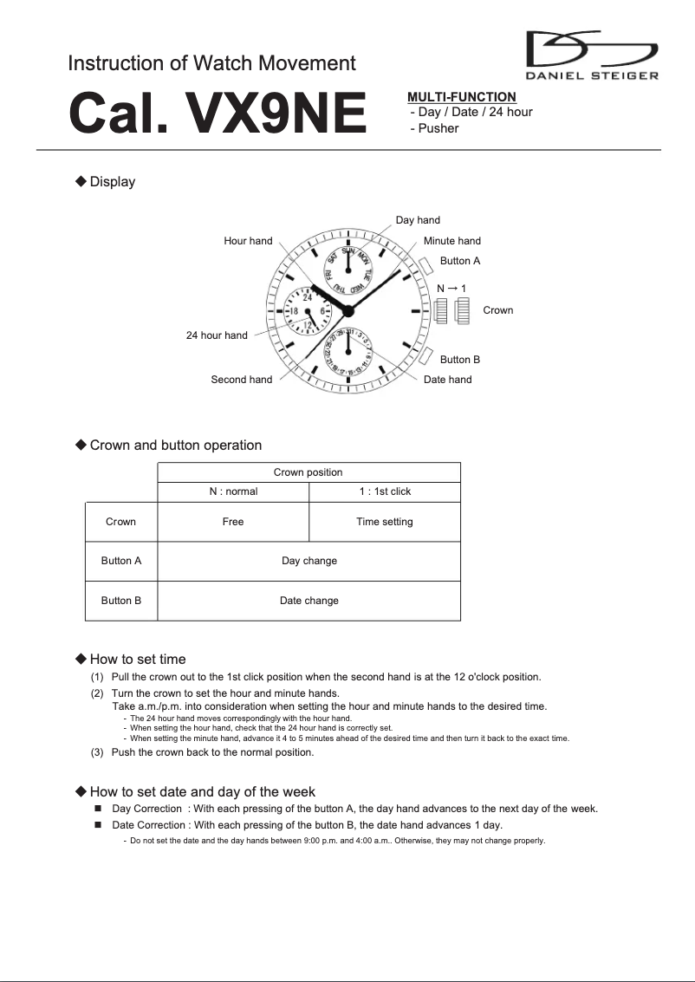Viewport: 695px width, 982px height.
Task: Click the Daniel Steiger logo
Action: point(592,55)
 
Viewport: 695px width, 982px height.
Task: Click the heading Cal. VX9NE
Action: point(218,114)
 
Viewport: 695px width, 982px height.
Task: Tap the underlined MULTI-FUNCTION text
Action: point(461,97)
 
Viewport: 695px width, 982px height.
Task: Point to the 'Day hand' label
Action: point(418,220)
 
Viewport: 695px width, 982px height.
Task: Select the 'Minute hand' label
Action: point(451,241)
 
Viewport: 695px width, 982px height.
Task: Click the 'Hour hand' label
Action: point(248,241)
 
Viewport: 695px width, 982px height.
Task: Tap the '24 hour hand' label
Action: point(217,335)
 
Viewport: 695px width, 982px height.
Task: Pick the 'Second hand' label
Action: point(241,380)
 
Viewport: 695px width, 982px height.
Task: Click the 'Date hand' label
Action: point(447,380)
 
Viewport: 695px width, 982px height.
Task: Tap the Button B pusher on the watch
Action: point(425,354)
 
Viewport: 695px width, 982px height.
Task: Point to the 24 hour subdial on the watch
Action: point(308,310)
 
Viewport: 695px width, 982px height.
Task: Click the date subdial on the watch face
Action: point(347,351)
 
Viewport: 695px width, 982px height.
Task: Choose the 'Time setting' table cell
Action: point(384,522)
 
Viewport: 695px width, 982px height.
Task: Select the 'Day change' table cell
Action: point(309,561)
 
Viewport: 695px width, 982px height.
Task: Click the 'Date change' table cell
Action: point(309,601)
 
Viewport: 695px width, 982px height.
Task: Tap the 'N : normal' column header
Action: point(233,491)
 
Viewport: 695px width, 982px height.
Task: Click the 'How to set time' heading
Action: point(137,660)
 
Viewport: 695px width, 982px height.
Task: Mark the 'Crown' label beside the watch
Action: point(497,310)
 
